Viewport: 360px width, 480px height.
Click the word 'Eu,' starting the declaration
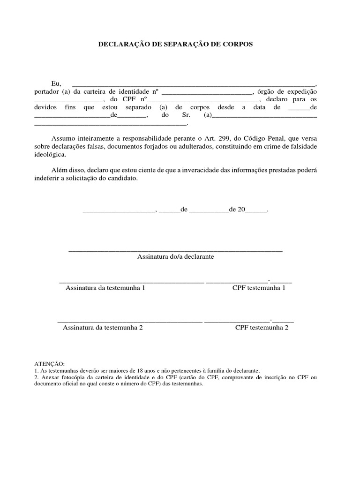click(57, 83)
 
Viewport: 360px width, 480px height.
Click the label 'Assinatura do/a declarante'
click(175, 257)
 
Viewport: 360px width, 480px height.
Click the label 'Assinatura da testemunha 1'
click(105, 288)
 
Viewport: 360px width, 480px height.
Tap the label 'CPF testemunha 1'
click(259, 288)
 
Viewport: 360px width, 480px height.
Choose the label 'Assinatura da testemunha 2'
click(103, 328)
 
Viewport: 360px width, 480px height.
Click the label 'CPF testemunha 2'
click(262, 328)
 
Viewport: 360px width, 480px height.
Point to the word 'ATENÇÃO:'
click(50, 364)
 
